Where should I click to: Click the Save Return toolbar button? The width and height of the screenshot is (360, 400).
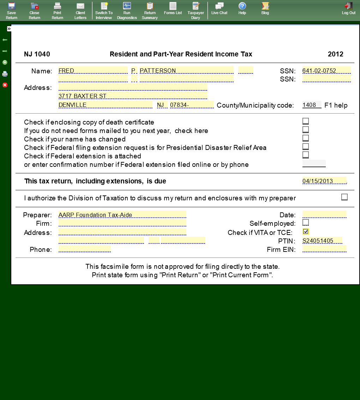pos(11,10)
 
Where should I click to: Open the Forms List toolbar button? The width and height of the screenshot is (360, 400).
pos(173,8)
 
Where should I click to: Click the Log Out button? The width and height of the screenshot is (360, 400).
pos(349,8)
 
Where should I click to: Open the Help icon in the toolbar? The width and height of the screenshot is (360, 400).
pos(242,8)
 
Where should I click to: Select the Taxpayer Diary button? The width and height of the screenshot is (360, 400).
pos(196,10)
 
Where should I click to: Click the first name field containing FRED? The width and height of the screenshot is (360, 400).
pos(93,71)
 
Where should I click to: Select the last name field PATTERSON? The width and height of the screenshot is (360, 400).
pos(186,71)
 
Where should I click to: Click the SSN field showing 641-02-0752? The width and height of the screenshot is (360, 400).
pos(326,71)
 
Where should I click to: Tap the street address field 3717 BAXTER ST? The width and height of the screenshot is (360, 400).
pos(133,96)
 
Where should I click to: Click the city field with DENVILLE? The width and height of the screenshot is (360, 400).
pos(105,105)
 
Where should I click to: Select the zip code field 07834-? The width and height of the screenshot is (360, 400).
pos(192,105)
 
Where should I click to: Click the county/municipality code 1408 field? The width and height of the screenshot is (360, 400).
pos(312,105)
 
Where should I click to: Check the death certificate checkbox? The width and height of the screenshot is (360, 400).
pos(306,121)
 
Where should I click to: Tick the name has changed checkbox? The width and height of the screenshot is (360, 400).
pos(306,138)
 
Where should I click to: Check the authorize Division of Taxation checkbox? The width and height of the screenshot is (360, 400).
pos(344,197)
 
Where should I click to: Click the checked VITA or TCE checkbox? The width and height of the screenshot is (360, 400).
pos(306,231)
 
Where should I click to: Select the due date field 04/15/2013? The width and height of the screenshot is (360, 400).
pos(324,181)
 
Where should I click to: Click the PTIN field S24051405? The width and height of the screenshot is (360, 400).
pos(322,241)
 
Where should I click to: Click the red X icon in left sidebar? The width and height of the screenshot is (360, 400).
pos(5,85)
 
